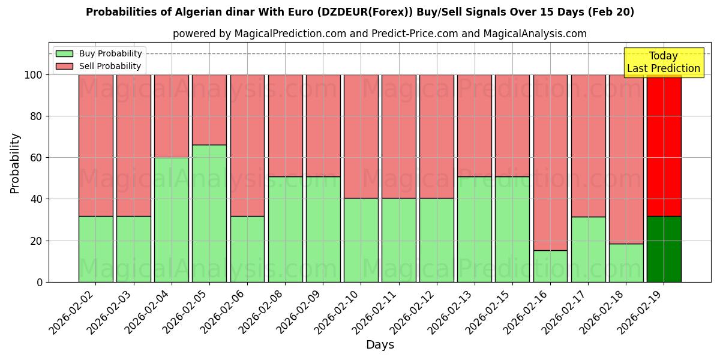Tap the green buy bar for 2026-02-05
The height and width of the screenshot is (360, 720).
209,213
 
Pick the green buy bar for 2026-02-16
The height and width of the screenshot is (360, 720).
550,266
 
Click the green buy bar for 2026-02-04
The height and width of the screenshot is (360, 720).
172,220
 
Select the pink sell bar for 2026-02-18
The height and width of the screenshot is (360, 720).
626,159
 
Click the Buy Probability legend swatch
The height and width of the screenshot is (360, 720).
64,54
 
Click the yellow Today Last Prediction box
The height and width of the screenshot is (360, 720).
663,62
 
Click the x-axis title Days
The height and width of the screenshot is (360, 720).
380,345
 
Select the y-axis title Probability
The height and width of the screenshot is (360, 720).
15,163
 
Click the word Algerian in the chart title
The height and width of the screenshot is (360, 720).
196,12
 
